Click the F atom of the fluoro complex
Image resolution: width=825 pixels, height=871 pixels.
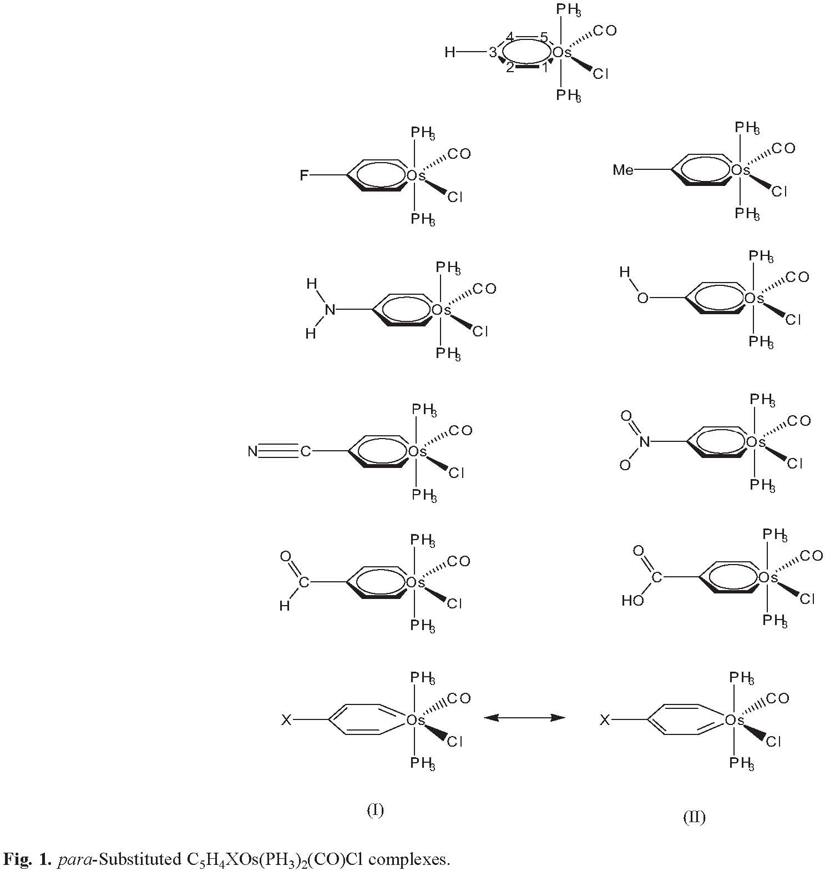pos(303,176)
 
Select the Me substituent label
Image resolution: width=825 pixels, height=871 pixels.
pos(623,169)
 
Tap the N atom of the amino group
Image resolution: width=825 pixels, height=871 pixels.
pos(330,309)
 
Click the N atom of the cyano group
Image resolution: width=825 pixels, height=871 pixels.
pos(253,451)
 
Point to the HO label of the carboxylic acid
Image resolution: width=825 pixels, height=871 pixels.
pos(632,601)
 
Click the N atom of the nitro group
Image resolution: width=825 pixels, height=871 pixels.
pos(644,442)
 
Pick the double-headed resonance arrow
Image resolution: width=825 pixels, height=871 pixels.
pos(524,718)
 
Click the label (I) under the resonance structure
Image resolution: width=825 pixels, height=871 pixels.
pos(376,810)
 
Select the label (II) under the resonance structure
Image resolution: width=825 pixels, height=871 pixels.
pos(694,817)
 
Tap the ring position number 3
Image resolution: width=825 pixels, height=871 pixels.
pos(493,53)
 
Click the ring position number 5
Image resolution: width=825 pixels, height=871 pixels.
pos(544,37)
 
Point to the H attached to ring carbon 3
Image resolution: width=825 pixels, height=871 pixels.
pos(450,53)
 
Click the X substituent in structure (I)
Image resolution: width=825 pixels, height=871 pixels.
pos(286,720)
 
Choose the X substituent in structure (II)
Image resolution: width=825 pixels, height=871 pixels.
pos(605,720)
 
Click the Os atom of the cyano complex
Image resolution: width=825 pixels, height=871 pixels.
pos(417,452)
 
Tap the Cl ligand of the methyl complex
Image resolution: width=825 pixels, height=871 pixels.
pos(780,192)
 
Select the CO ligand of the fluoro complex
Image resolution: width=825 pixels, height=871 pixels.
pos(459,154)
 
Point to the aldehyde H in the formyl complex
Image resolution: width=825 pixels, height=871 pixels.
pos(285,606)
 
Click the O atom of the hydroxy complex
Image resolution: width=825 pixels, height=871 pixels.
pos(642,298)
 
